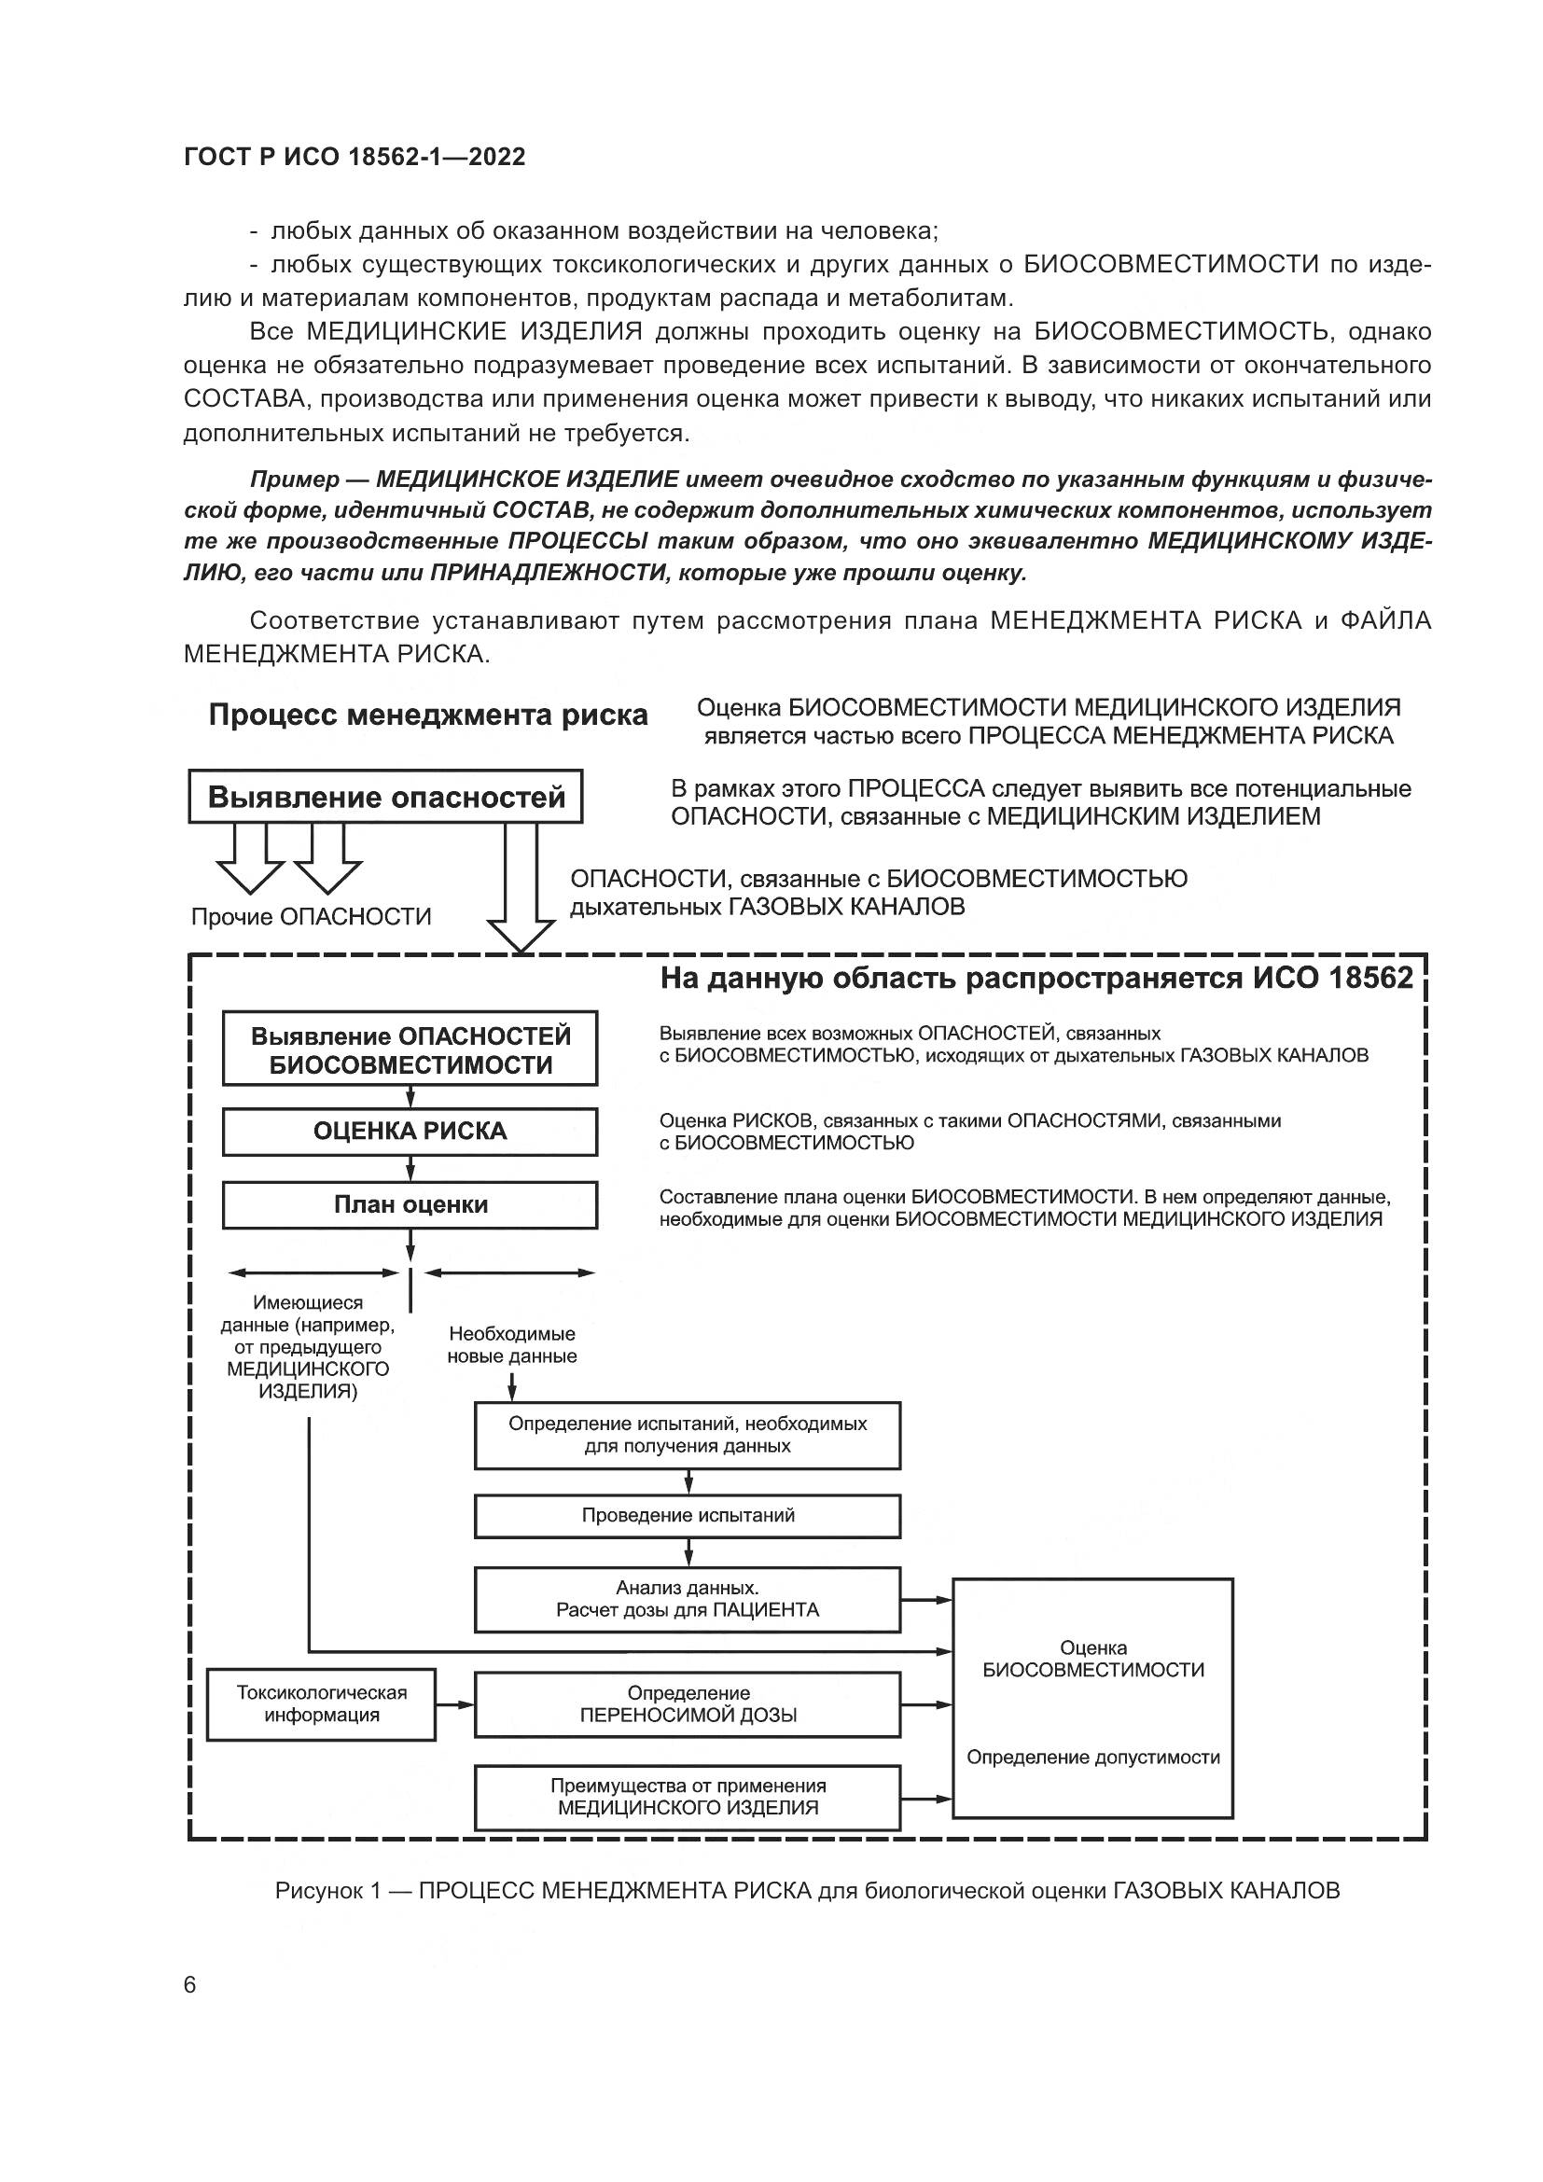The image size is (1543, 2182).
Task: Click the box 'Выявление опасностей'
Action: click(x=386, y=797)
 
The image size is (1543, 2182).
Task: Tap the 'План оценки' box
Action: click(x=410, y=1205)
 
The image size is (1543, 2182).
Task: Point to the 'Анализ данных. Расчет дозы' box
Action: click(x=688, y=1600)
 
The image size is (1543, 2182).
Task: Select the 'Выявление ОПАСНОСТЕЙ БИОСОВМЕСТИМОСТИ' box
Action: click(x=410, y=1049)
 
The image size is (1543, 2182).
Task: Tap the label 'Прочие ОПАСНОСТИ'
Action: click(x=312, y=917)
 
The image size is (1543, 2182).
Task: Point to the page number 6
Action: click(x=190, y=1985)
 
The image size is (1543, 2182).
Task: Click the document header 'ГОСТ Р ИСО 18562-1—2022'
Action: click(x=354, y=157)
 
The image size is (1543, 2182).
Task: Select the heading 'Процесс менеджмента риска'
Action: click(x=428, y=715)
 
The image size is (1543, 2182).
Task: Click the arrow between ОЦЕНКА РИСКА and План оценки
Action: click(x=410, y=1168)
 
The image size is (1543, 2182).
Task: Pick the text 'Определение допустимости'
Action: click(x=1093, y=1758)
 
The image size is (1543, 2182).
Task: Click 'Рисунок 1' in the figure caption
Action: click(x=327, y=1891)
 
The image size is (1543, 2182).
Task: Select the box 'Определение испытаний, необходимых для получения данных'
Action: click(x=688, y=1435)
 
